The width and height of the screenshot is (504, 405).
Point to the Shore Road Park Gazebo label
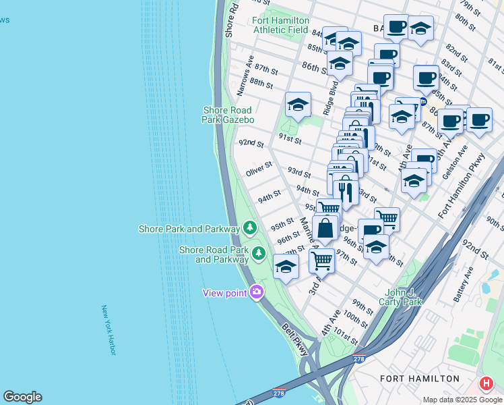(x=228, y=115)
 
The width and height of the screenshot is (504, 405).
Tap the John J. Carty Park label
(x=404, y=297)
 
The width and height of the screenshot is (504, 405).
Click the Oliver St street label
(x=259, y=169)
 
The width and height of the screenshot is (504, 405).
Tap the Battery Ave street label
(x=463, y=283)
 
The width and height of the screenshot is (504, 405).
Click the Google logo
(x=22, y=397)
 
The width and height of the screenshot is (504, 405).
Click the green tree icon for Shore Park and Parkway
(x=250, y=228)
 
